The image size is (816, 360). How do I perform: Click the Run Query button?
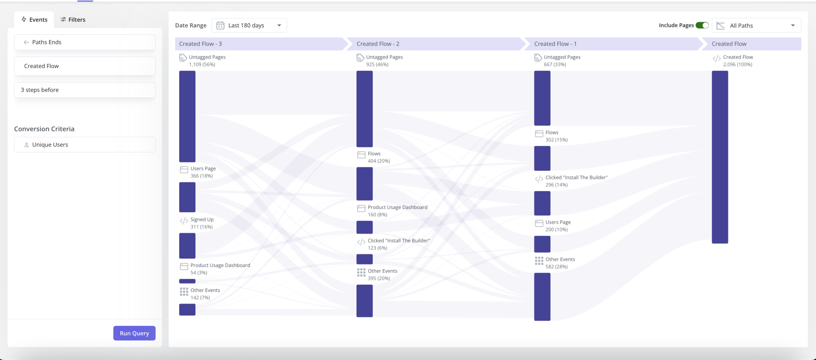click(x=134, y=333)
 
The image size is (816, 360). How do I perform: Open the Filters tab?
click(x=73, y=20)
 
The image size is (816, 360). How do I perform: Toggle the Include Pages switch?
click(x=702, y=25)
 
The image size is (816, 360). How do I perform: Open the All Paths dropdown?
click(x=756, y=25)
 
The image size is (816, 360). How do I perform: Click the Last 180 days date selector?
click(x=249, y=25)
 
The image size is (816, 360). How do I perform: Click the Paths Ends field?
click(x=84, y=42)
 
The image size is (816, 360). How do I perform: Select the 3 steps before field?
click(x=84, y=90)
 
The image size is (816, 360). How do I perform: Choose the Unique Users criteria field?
click(x=84, y=145)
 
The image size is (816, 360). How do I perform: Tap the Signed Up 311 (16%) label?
click(x=202, y=223)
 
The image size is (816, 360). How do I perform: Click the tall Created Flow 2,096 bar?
click(x=720, y=157)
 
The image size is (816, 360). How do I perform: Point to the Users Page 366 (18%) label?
click(x=203, y=172)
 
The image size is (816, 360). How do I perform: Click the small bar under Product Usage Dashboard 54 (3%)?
click(x=187, y=281)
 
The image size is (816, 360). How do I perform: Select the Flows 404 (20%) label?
click(x=379, y=157)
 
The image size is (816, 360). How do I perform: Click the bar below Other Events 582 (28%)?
click(x=542, y=297)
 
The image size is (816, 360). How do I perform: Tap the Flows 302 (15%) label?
click(x=556, y=136)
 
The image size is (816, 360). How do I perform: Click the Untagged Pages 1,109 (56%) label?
click(x=207, y=61)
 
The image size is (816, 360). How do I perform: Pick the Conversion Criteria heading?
click(x=44, y=129)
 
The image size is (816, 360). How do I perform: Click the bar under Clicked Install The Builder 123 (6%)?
click(x=364, y=259)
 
